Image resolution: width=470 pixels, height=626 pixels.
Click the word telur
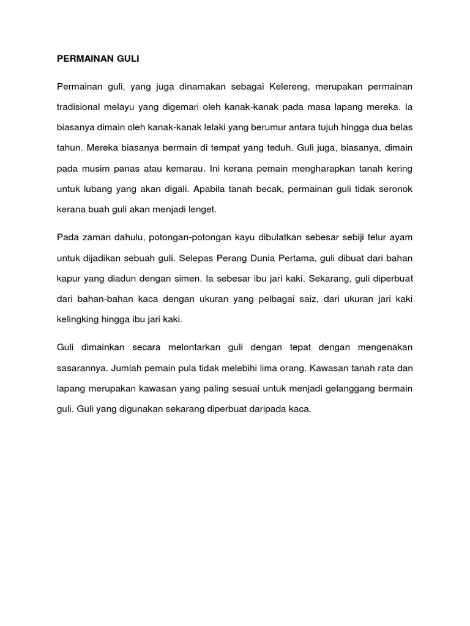coord(375,237)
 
